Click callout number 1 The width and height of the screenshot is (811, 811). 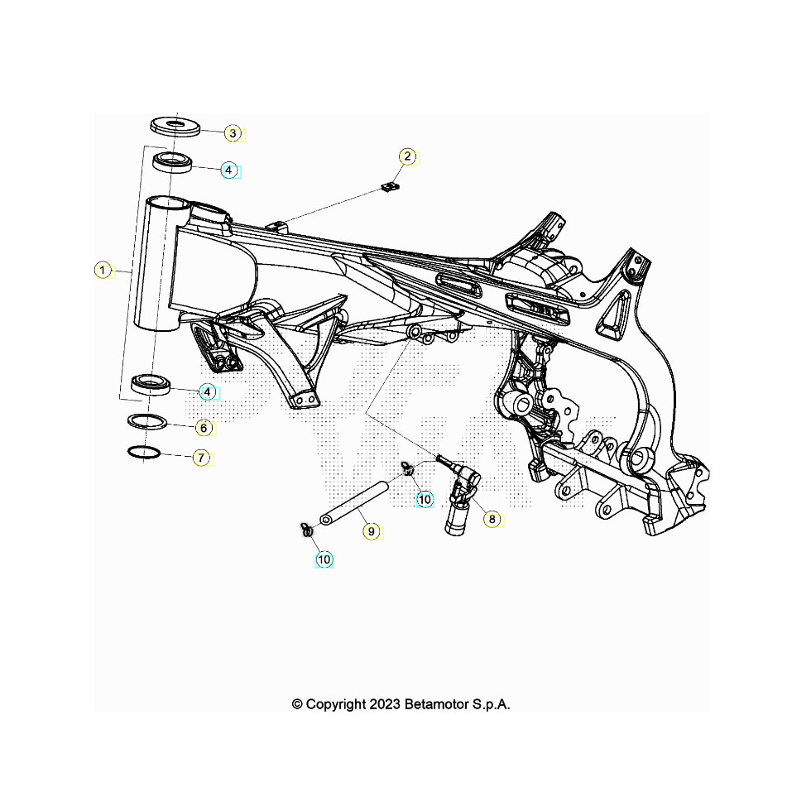[102, 270]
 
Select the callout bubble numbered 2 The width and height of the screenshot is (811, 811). [406, 156]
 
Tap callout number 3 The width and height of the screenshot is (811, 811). [233, 133]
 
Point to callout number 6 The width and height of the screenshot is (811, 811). [204, 429]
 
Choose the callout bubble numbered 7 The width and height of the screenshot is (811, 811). [201, 457]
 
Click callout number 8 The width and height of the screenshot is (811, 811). [492, 520]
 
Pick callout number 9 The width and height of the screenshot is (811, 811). [372, 531]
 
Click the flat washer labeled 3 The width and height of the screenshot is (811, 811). [175, 125]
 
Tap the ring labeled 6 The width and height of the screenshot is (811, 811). [147, 420]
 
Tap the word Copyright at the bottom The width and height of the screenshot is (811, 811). [335, 704]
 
